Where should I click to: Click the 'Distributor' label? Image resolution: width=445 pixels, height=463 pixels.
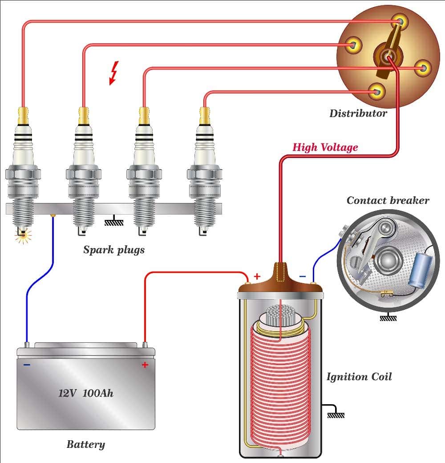358,114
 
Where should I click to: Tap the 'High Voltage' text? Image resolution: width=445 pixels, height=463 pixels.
325,147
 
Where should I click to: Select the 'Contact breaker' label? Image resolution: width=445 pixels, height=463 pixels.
388,200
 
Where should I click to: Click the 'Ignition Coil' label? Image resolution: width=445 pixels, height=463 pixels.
359,377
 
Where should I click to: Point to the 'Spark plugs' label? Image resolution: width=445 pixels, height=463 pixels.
114,250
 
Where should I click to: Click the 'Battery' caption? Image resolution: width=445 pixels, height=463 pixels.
86,444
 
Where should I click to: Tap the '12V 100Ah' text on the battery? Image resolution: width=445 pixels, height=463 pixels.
86,394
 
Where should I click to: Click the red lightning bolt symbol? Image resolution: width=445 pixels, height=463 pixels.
114,73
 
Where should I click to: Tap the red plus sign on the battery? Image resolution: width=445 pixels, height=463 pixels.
145,365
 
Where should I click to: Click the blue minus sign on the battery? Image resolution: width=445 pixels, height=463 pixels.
27,365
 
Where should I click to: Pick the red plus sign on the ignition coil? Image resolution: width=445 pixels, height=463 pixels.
257,276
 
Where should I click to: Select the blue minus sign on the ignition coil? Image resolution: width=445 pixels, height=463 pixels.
303,277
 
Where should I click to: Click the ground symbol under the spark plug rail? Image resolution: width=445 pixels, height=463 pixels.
114,221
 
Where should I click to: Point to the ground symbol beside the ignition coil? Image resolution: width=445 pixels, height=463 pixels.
336,414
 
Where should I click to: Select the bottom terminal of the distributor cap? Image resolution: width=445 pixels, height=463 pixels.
377,92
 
